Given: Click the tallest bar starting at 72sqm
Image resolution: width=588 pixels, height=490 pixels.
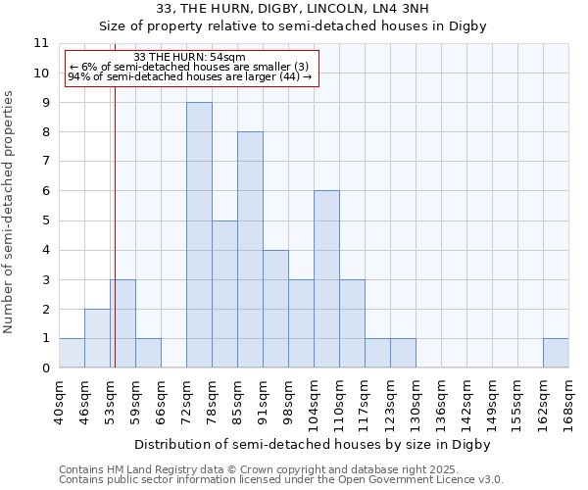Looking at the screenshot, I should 199,235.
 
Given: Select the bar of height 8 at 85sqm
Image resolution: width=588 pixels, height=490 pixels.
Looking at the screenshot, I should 250,250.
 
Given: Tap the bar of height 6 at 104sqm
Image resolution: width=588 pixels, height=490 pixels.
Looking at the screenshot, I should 326,279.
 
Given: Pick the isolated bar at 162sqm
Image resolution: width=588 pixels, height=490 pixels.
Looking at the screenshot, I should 556,353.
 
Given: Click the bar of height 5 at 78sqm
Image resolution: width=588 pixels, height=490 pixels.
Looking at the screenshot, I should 224,294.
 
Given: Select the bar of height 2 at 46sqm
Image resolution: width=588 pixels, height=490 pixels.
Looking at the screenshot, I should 97,338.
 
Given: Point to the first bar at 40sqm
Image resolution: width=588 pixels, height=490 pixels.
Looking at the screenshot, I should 72,353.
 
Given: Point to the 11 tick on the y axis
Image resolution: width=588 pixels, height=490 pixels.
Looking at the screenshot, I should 41,43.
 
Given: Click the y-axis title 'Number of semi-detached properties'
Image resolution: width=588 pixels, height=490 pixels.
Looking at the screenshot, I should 10,213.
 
